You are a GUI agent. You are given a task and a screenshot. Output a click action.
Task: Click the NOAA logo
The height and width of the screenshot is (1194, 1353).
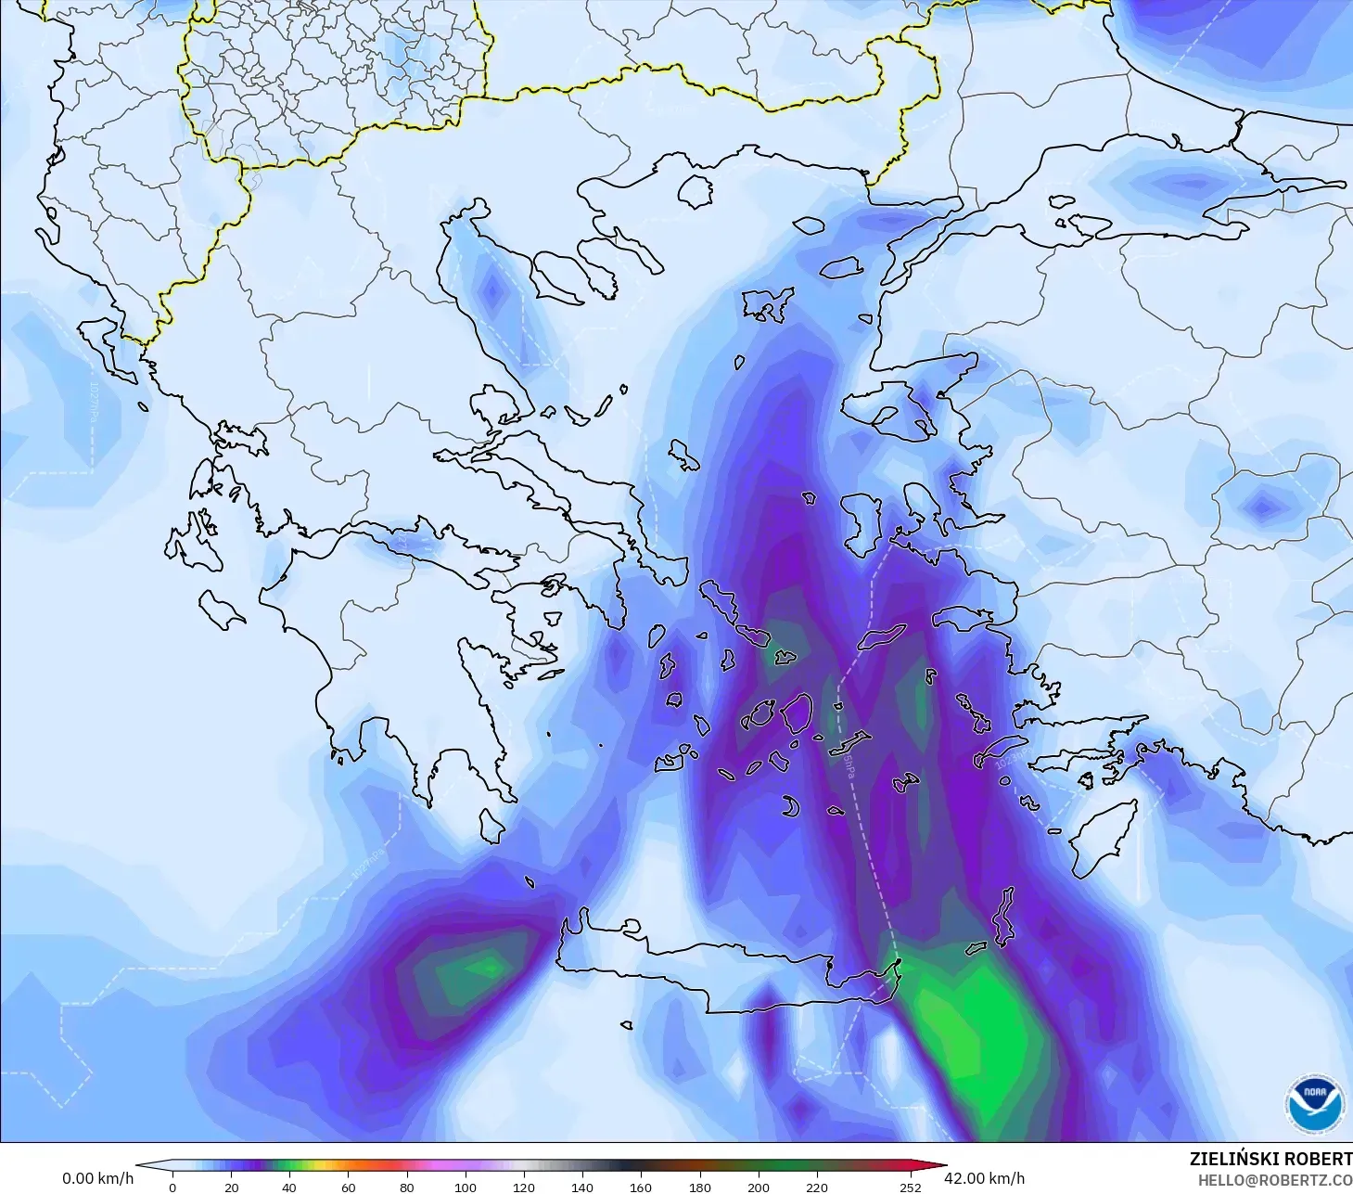(x=1314, y=1104)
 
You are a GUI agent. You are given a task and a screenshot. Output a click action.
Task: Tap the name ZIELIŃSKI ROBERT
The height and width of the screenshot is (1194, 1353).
(x=1270, y=1159)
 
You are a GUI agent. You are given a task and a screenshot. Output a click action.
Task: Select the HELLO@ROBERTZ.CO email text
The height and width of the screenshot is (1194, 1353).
(x=1274, y=1181)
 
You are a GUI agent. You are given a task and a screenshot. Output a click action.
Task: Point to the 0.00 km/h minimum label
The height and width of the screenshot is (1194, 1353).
(x=97, y=1178)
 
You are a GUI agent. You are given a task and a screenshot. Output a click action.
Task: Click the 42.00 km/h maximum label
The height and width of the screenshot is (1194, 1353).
(x=984, y=1178)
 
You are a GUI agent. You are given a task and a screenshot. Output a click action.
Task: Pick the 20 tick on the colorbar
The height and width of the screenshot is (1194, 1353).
(x=231, y=1187)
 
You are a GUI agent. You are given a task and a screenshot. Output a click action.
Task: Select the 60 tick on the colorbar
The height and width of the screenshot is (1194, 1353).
(x=348, y=1187)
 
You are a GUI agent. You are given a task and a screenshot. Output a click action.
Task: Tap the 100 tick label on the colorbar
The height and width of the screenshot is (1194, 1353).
(x=465, y=1187)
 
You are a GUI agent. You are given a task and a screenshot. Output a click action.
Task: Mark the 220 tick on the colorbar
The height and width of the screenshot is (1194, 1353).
(x=816, y=1187)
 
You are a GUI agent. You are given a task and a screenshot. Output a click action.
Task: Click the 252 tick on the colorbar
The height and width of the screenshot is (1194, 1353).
(x=910, y=1187)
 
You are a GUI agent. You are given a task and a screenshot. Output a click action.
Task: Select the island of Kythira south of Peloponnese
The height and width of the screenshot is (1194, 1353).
(x=492, y=826)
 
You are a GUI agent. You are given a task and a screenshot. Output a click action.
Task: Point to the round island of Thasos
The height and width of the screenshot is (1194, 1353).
(x=696, y=191)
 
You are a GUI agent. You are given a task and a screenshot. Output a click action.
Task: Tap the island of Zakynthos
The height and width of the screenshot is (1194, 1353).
(x=223, y=610)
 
